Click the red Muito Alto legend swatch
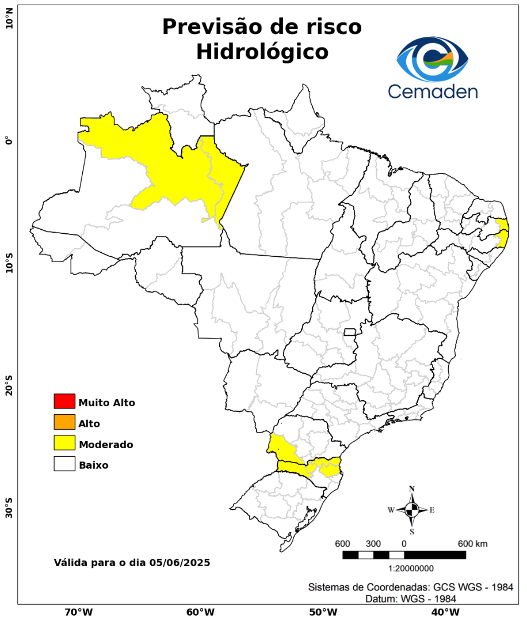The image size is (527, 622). click(64, 401)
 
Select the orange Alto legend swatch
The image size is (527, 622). click(64, 422)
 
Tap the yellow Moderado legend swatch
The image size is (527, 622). click(64, 443)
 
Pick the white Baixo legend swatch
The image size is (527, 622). click(64, 464)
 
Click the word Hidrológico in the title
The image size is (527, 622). click(262, 52)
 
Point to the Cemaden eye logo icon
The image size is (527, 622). click(433, 59)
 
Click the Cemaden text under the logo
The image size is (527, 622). click(433, 91)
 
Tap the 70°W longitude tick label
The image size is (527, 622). click(78, 612)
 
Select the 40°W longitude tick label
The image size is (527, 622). click(444, 612)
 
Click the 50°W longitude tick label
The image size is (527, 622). click(322, 612)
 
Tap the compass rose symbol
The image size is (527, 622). click(412, 510)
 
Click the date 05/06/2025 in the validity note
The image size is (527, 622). click(180, 562)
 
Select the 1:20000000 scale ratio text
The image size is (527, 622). click(411, 568)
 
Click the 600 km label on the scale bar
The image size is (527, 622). click(472, 544)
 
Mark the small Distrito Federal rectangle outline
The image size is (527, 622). click(350, 332)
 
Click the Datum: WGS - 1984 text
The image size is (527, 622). click(411, 599)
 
